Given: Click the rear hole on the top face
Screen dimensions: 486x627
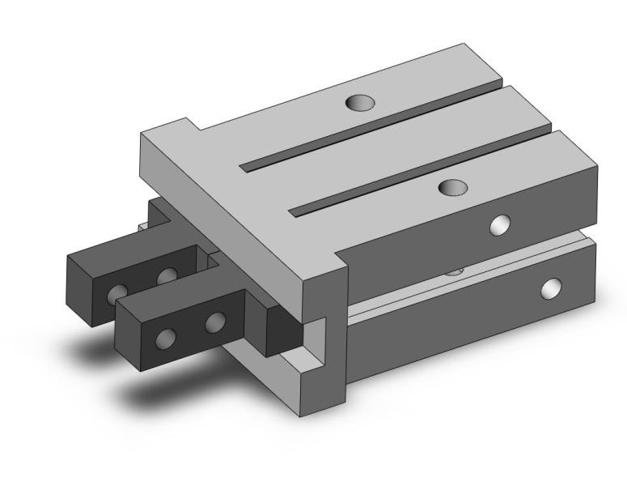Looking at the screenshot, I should click(360, 103).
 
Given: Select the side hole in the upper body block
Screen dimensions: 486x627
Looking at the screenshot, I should click(502, 224).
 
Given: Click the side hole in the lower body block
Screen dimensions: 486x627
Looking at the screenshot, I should click(553, 287).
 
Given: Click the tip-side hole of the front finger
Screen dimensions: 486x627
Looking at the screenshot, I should click(167, 336).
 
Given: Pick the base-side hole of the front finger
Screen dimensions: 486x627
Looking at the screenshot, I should click(215, 323).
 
